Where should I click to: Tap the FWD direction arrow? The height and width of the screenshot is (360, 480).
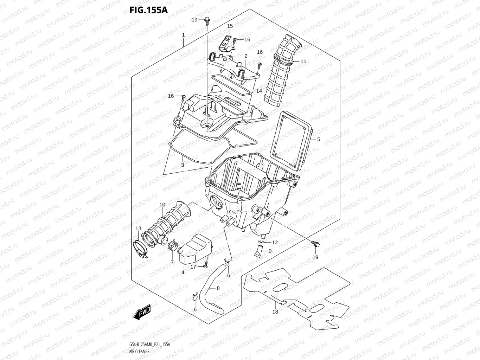pyautogui.click(x=142, y=312)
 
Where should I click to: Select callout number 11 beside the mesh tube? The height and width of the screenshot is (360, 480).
pyautogui.click(x=303, y=62)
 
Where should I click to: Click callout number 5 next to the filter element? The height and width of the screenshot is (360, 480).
pyautogui.click(x=319, y=139)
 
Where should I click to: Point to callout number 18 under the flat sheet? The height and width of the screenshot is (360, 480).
pyautogui.click(x=275, y=311)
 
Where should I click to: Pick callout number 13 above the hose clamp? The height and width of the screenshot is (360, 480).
pyautogui.click(x=138, y=229)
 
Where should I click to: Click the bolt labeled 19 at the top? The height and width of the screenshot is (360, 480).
pyautogui.click(x=207, y=21)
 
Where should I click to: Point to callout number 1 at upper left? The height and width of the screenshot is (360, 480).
pyautogui.click(x=183, y=35)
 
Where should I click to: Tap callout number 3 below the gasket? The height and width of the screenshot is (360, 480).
pyautogui.click(x=183, y=165)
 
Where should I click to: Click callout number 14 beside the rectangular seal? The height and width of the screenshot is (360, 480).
pyautogui.click(x=259, y=91)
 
